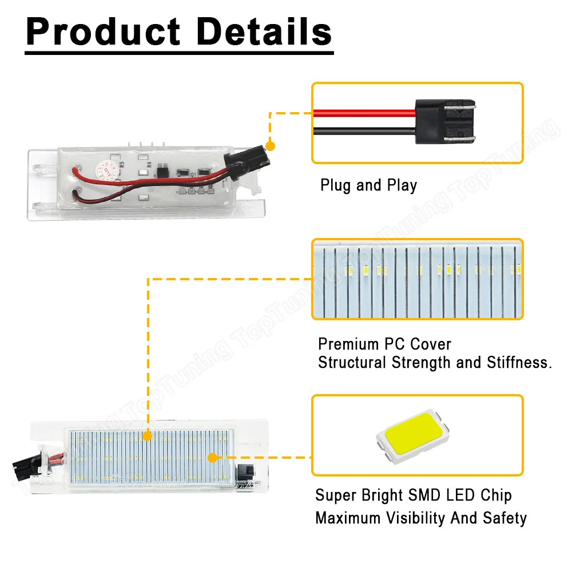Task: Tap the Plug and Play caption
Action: click(368, 185)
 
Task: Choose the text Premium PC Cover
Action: click(384, 344)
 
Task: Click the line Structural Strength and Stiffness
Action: click(435, 363)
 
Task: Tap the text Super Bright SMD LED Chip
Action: click(413, 495)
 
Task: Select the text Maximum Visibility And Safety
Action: click(421, 518)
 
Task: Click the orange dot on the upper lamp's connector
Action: click(271, 146)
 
